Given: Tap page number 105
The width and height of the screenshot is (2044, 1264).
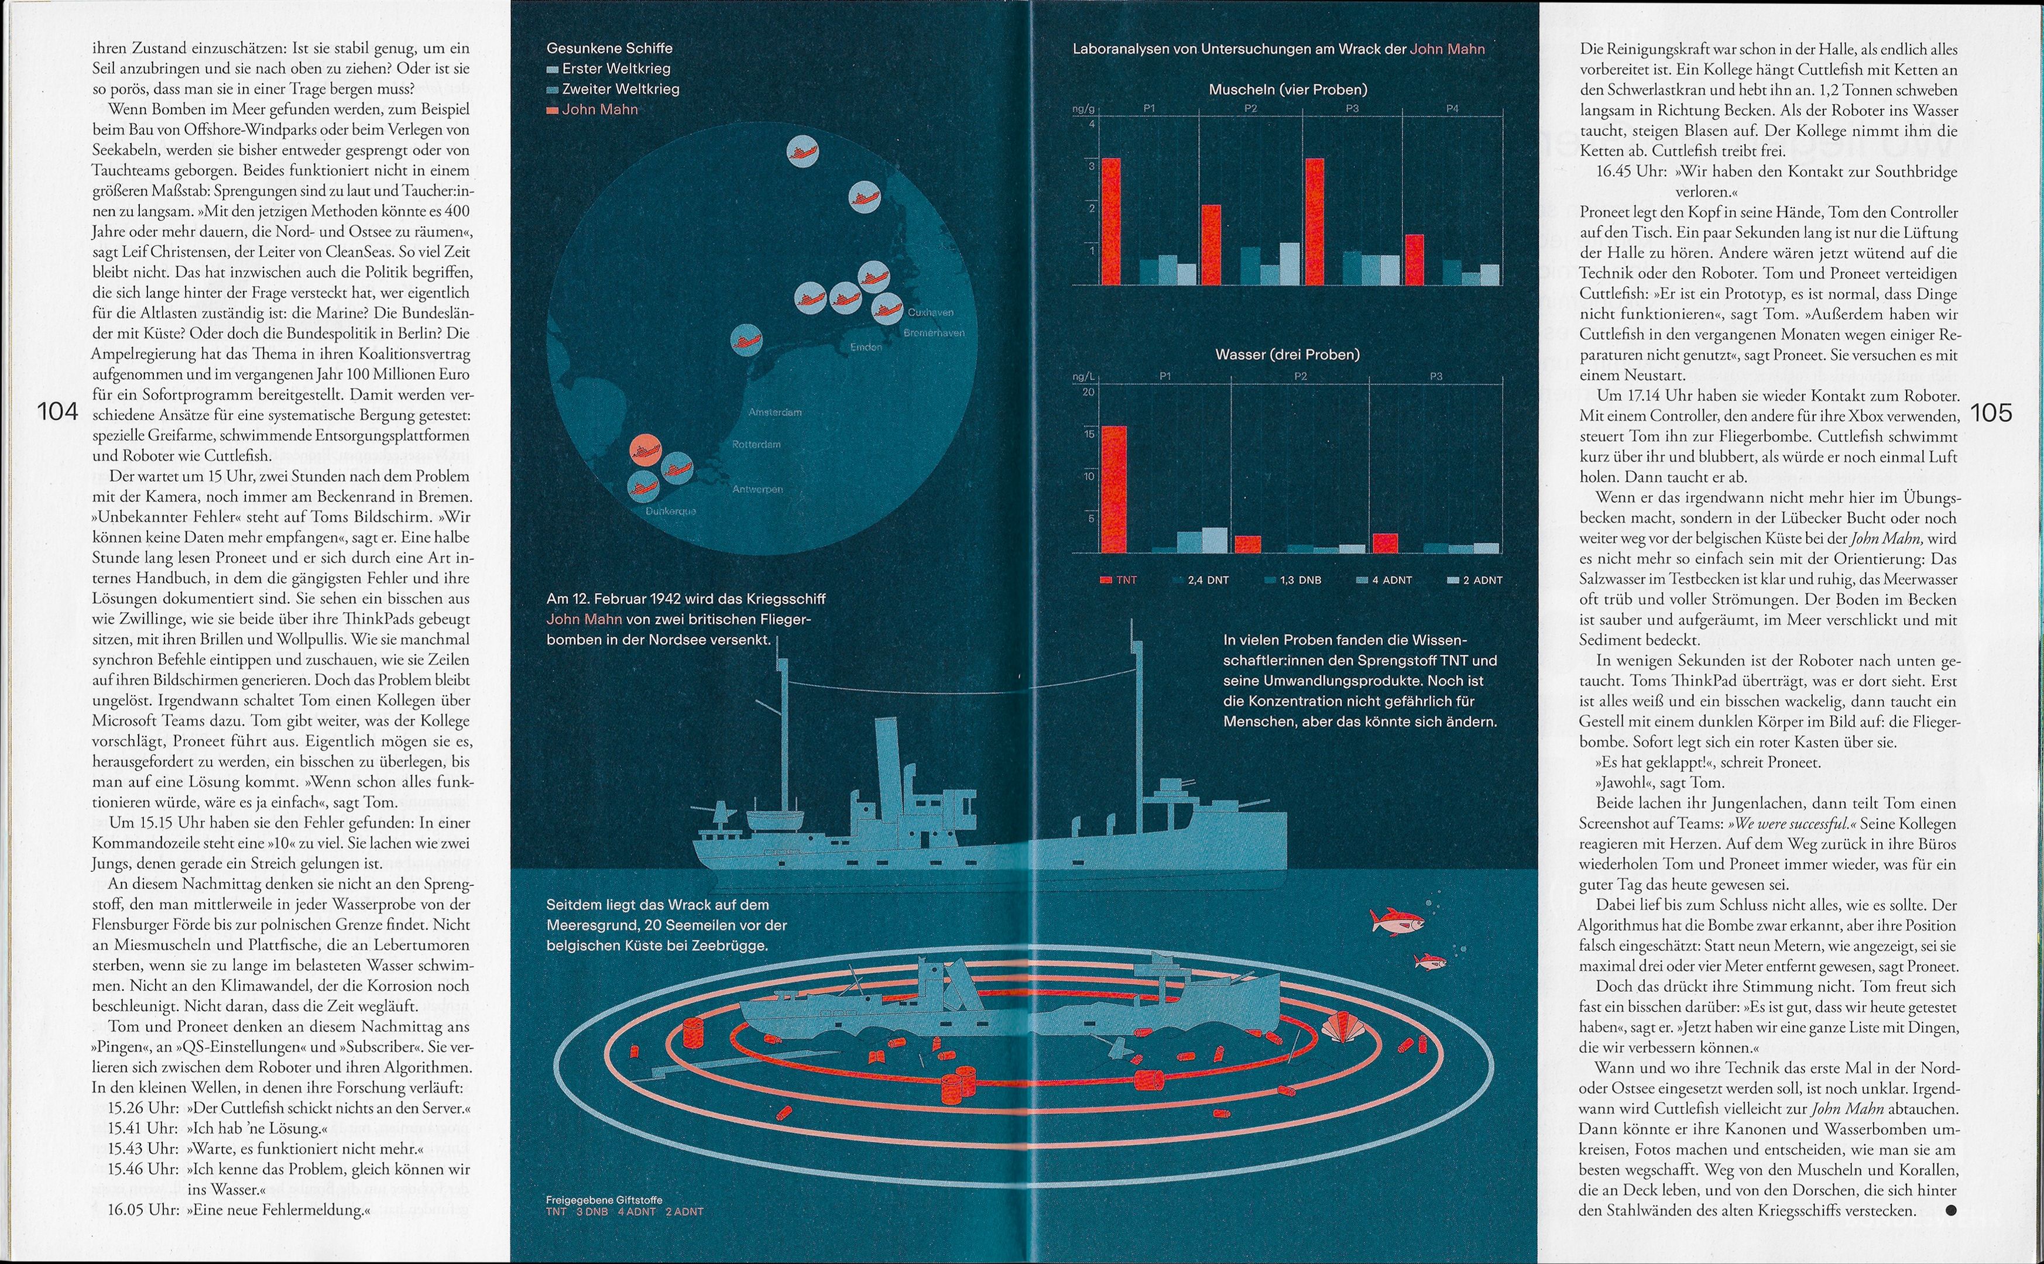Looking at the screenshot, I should click(x=1991, y=412).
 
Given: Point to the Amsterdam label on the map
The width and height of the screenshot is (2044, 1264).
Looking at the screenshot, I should click(x=775, y=412).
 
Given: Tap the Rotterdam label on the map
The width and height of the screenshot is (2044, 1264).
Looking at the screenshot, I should click(x=756, y=445).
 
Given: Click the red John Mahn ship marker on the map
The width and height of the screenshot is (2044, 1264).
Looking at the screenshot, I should click(x=646, y=451).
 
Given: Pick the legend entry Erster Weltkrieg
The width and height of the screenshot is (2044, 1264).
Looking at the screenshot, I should click(x=615, y=68).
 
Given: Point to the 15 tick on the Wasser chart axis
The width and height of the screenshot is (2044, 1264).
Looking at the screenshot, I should click(x=1089, y=434).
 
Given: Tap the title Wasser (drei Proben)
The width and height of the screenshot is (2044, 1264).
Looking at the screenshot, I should click(x=1287, y=355).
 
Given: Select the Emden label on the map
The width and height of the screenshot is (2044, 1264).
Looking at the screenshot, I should click(x=866, y=347).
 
